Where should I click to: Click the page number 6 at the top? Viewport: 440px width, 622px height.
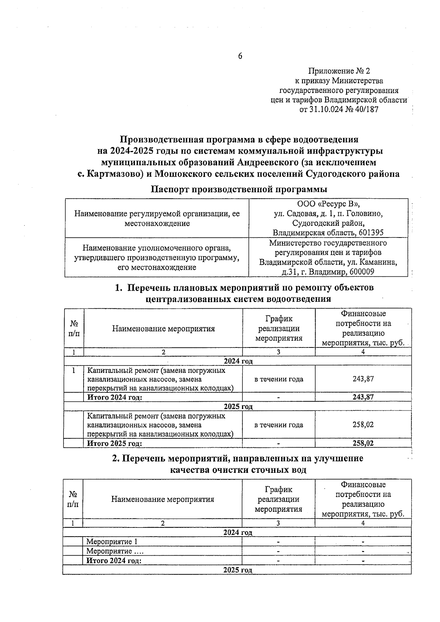240,56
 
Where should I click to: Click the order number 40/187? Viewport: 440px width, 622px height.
365,109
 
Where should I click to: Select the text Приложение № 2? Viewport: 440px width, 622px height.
339,71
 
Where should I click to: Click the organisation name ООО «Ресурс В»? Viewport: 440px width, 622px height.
328,204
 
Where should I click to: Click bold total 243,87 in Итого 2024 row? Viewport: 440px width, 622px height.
363,397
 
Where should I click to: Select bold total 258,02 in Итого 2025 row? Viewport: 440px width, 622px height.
363,443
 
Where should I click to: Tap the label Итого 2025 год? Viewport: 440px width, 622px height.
114,443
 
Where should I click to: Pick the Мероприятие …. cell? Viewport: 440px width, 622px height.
115,551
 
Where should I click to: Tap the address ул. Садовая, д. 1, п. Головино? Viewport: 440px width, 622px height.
329,213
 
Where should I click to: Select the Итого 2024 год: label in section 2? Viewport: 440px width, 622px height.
114,560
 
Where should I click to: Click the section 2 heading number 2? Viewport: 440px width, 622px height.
114,459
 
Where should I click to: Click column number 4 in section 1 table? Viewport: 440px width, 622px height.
363,352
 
